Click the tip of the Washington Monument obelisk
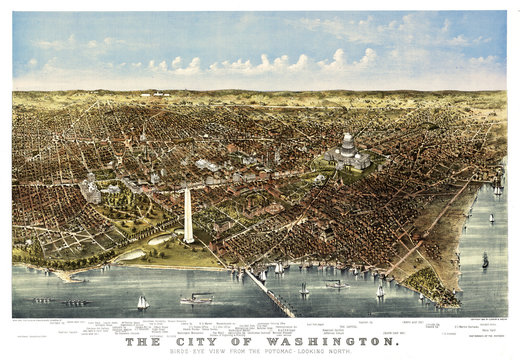click(187, 189)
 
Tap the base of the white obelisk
click(188, 240)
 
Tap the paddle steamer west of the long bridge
click(197, 297)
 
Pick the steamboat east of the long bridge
click(336, 285)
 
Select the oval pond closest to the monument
click(159, 240)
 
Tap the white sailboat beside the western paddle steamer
click(143, 301)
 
